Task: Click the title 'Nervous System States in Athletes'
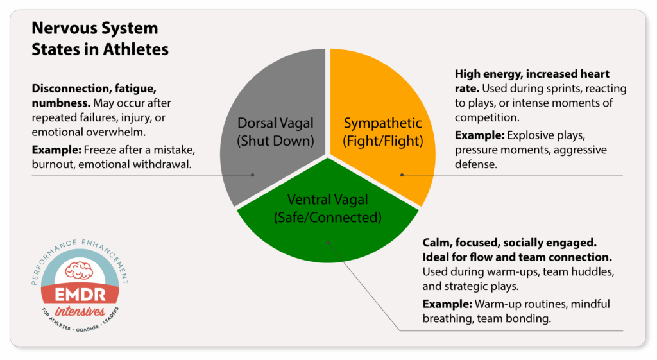(99, 39)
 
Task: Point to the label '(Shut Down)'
(275, 141)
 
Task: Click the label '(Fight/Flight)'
(383, 141)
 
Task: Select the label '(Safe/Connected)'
(328, 218)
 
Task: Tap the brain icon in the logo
(80, 270)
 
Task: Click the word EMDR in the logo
(80, 295)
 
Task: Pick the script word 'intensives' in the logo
(80, 311)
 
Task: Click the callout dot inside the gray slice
(253, 175)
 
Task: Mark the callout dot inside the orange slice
(402, 175)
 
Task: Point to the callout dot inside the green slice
(328, 243)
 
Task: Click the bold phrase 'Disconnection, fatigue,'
(94, 89)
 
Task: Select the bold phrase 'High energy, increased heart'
(532, 74)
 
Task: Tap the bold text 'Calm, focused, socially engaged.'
(509, 243)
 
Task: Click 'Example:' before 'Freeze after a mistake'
(56, 150)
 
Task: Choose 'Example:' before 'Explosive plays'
(480, 135)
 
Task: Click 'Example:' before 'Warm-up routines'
(447, 304)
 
